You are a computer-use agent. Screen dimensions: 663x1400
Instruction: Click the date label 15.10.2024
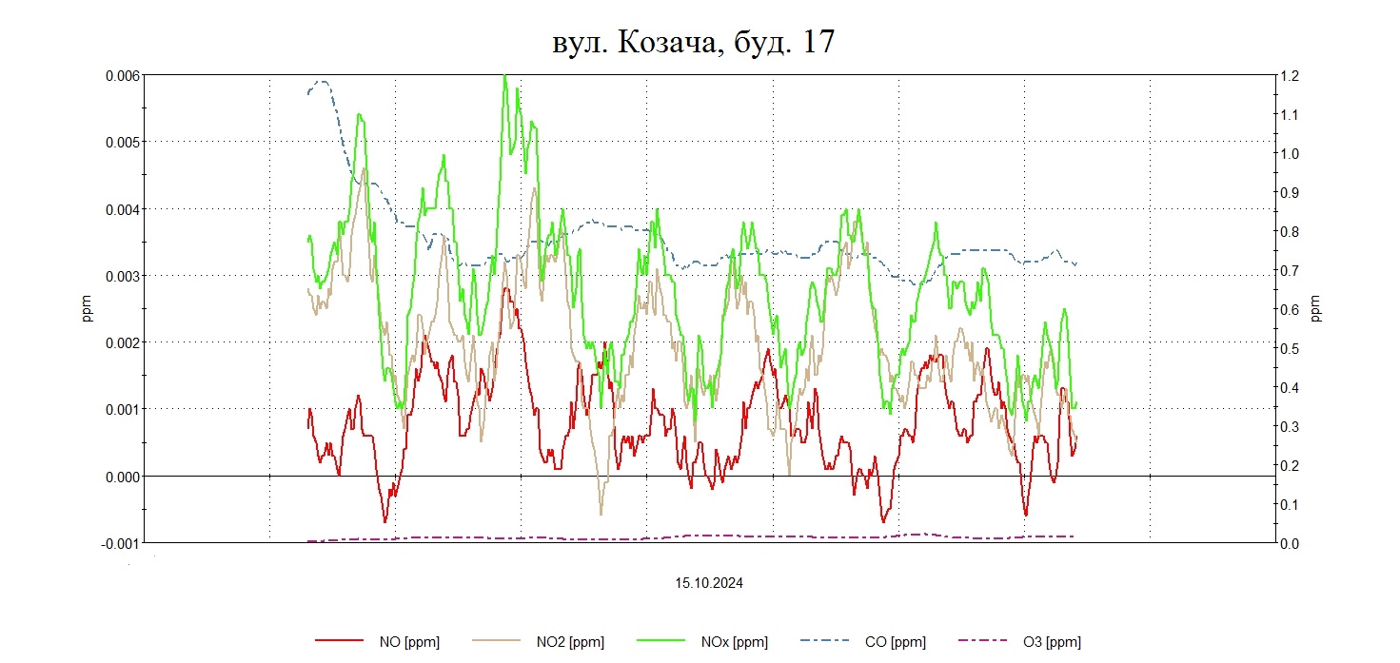click(x=709, y=583)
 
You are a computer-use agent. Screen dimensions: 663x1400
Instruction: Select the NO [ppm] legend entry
click(x=408, y=642)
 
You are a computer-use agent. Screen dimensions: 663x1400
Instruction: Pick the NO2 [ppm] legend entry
click(x=569, y=642)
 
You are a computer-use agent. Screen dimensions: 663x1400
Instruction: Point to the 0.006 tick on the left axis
click(x=122, y=75)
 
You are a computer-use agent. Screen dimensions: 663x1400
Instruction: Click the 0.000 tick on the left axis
click(x=122, y=476)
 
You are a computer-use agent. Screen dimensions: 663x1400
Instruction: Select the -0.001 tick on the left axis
click(x=120, y=542)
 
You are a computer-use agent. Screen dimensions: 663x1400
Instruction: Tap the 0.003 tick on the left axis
click(x=122, y=276)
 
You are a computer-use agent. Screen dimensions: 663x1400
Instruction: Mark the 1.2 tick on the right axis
click(x=1293, y=75)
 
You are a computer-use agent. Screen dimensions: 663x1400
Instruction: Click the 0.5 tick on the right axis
click(x=1293, y=348)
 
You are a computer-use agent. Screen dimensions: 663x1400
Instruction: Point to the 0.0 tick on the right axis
click(x=1293, y=543)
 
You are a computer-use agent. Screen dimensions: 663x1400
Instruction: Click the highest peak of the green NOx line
click(x=504, y=75)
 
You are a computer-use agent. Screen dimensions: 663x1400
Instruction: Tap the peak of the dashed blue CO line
click(x=322, y=81)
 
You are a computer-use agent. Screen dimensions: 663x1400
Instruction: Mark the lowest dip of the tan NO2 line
click(x=601, y=514)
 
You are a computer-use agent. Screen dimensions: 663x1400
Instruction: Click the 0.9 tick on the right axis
click(x=1293, y=192)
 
